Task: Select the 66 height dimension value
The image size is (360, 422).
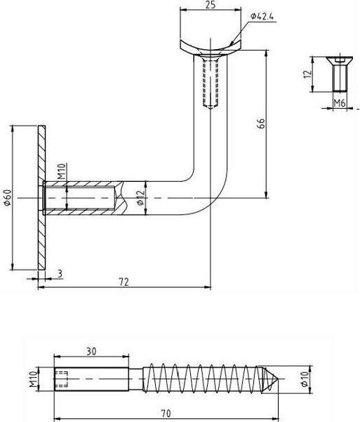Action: [260, 124]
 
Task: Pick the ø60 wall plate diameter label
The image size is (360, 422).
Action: [8, 198]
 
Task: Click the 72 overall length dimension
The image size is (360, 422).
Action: [124, 281]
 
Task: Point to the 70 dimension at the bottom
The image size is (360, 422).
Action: [166, 414]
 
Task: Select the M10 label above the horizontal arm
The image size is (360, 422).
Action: [61, 172]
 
